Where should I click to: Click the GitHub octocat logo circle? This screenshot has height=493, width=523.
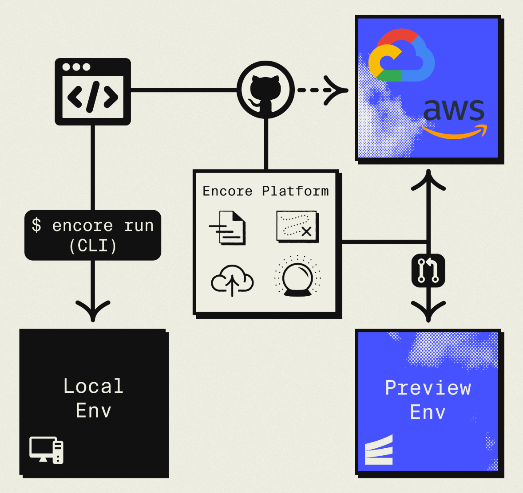click(x=265, y=90)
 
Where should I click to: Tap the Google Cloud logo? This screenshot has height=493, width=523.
click(x=401, y=56)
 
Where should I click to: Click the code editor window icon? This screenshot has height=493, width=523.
click(x=93, y=92)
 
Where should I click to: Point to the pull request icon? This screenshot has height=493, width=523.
click(x=428, y=270)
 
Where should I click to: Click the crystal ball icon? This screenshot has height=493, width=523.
click(x=297, y=276)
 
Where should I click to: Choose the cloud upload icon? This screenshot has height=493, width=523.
click(x=232, y=280)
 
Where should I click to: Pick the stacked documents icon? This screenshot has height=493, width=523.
click(x=229, y=228)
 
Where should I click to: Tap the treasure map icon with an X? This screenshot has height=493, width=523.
click(x=297, y=227)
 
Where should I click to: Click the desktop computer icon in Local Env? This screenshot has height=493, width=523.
click(x=47, y=450)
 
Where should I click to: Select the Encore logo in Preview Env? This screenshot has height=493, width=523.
click(x=379, y=451)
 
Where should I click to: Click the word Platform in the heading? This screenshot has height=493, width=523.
click(x=295, y=191)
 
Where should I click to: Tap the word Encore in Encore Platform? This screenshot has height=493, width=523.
click(x=227, y=191)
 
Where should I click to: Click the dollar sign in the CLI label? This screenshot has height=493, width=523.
click(x=36, y=225)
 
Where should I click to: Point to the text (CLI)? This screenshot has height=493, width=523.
click(x=93, y=246)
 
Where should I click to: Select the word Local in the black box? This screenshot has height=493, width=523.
click(x=93, y=386)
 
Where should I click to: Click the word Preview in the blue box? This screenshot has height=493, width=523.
click(x=428, y=388)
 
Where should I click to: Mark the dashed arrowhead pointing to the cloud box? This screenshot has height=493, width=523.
click(x=336, y=90)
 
